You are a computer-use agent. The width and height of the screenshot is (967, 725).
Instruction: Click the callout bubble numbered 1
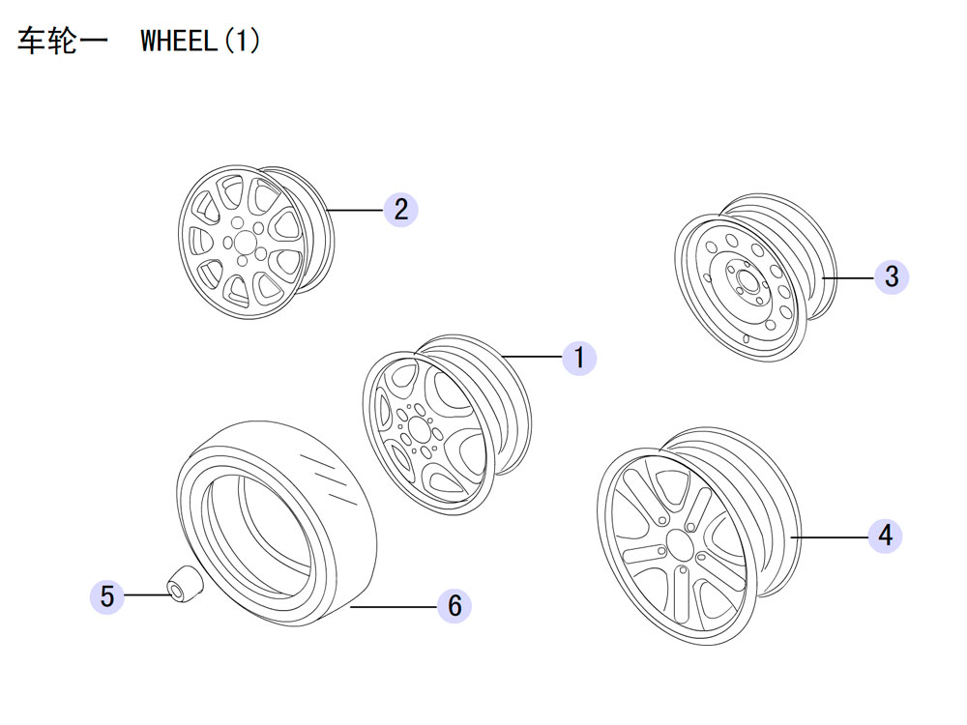579,359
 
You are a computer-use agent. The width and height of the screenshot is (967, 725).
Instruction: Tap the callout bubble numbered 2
400,209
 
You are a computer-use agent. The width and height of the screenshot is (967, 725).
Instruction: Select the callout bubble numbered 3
891,276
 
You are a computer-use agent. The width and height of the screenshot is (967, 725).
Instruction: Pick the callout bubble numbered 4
885,535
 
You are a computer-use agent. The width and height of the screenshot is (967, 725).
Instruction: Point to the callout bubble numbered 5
107,596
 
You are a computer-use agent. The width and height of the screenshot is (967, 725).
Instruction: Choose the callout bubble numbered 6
454,606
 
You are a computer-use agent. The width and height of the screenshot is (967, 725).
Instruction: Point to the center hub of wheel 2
242,242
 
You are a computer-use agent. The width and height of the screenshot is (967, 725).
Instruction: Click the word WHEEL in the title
178,42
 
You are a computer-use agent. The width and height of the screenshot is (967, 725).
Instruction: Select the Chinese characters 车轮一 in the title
60,42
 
